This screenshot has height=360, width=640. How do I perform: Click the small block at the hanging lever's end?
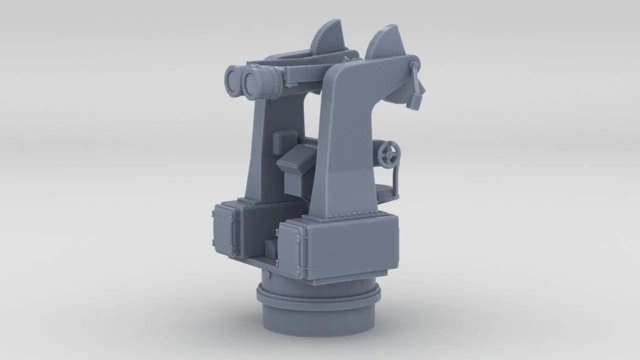[414, 100]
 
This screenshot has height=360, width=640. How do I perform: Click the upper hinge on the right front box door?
[300, 239]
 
